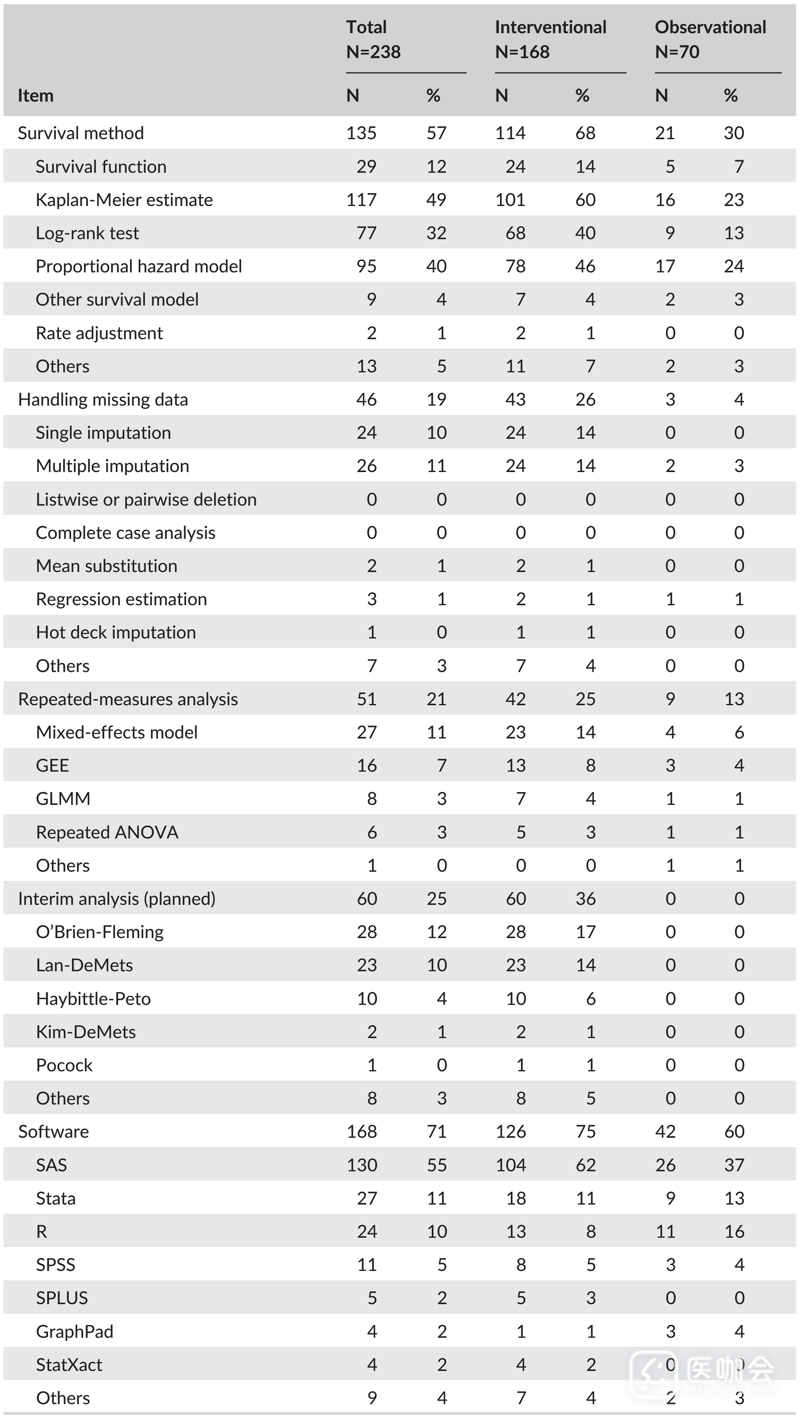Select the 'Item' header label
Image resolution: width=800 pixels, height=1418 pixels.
(x=35, y=96)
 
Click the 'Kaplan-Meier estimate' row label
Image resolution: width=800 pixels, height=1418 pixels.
(x=124, y=200)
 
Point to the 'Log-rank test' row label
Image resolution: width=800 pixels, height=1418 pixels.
(x=87, y=233)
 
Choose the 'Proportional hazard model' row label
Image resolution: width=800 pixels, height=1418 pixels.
(x=139, y=267)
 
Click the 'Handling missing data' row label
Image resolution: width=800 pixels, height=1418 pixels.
(x=103, y=400)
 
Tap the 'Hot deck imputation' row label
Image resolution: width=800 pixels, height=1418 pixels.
(x=116, y=632)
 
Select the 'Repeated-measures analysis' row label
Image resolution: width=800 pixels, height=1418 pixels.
(x=128, y=699)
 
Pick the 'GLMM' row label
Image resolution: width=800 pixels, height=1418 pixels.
(x=63, y=799)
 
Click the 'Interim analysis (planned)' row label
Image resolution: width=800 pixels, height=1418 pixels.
(x=117, y=899)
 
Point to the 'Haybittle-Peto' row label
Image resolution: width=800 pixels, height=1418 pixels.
(x=93, y=999)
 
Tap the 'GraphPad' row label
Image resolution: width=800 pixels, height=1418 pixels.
(x=74, y=1331)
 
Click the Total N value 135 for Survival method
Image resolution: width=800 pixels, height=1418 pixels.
(x=361, y=133)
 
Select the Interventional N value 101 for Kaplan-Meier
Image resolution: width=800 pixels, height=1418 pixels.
(x=510, y=200)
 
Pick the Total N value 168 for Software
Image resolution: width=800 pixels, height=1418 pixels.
(x=362, y=1132)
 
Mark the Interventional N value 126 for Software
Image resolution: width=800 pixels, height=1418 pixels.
(x=510, y=1132)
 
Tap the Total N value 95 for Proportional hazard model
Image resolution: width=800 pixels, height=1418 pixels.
(x=366, y=267)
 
